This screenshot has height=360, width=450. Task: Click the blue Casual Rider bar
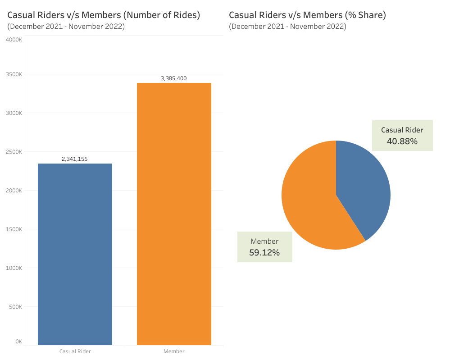[x=75, y=254]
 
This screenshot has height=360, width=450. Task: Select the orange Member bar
[x=174, y=214]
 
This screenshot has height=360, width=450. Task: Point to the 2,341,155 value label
[x=75, y=159]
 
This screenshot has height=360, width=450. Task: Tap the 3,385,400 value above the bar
[x=173, y=78]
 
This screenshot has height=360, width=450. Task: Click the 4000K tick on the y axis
[x=14, y=40]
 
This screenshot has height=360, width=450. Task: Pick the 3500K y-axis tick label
[x=14, y=74]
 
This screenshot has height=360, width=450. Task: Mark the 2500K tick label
[x=14, y=152]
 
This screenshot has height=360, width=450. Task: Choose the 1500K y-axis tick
[x=14, y=229]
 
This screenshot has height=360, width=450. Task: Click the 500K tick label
[x=15, y=307]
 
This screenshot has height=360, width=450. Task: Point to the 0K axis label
[x=18, y=342]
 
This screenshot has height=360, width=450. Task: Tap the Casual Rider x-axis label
[x=75, y=351]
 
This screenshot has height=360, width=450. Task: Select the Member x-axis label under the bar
[x=174, y=351]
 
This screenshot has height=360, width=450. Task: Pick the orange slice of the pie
[x=310, y=201]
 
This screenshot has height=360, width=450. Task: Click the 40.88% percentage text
[x=402, y=141]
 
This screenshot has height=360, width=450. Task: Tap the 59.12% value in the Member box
[x=264, y=253]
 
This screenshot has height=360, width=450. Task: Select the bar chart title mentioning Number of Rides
[x=104, y=15]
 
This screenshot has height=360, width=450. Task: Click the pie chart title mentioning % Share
[x=307, y=15]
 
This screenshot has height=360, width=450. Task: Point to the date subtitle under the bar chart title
[x=66, y=27]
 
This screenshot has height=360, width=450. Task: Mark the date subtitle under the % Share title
[x=287, y=27]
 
